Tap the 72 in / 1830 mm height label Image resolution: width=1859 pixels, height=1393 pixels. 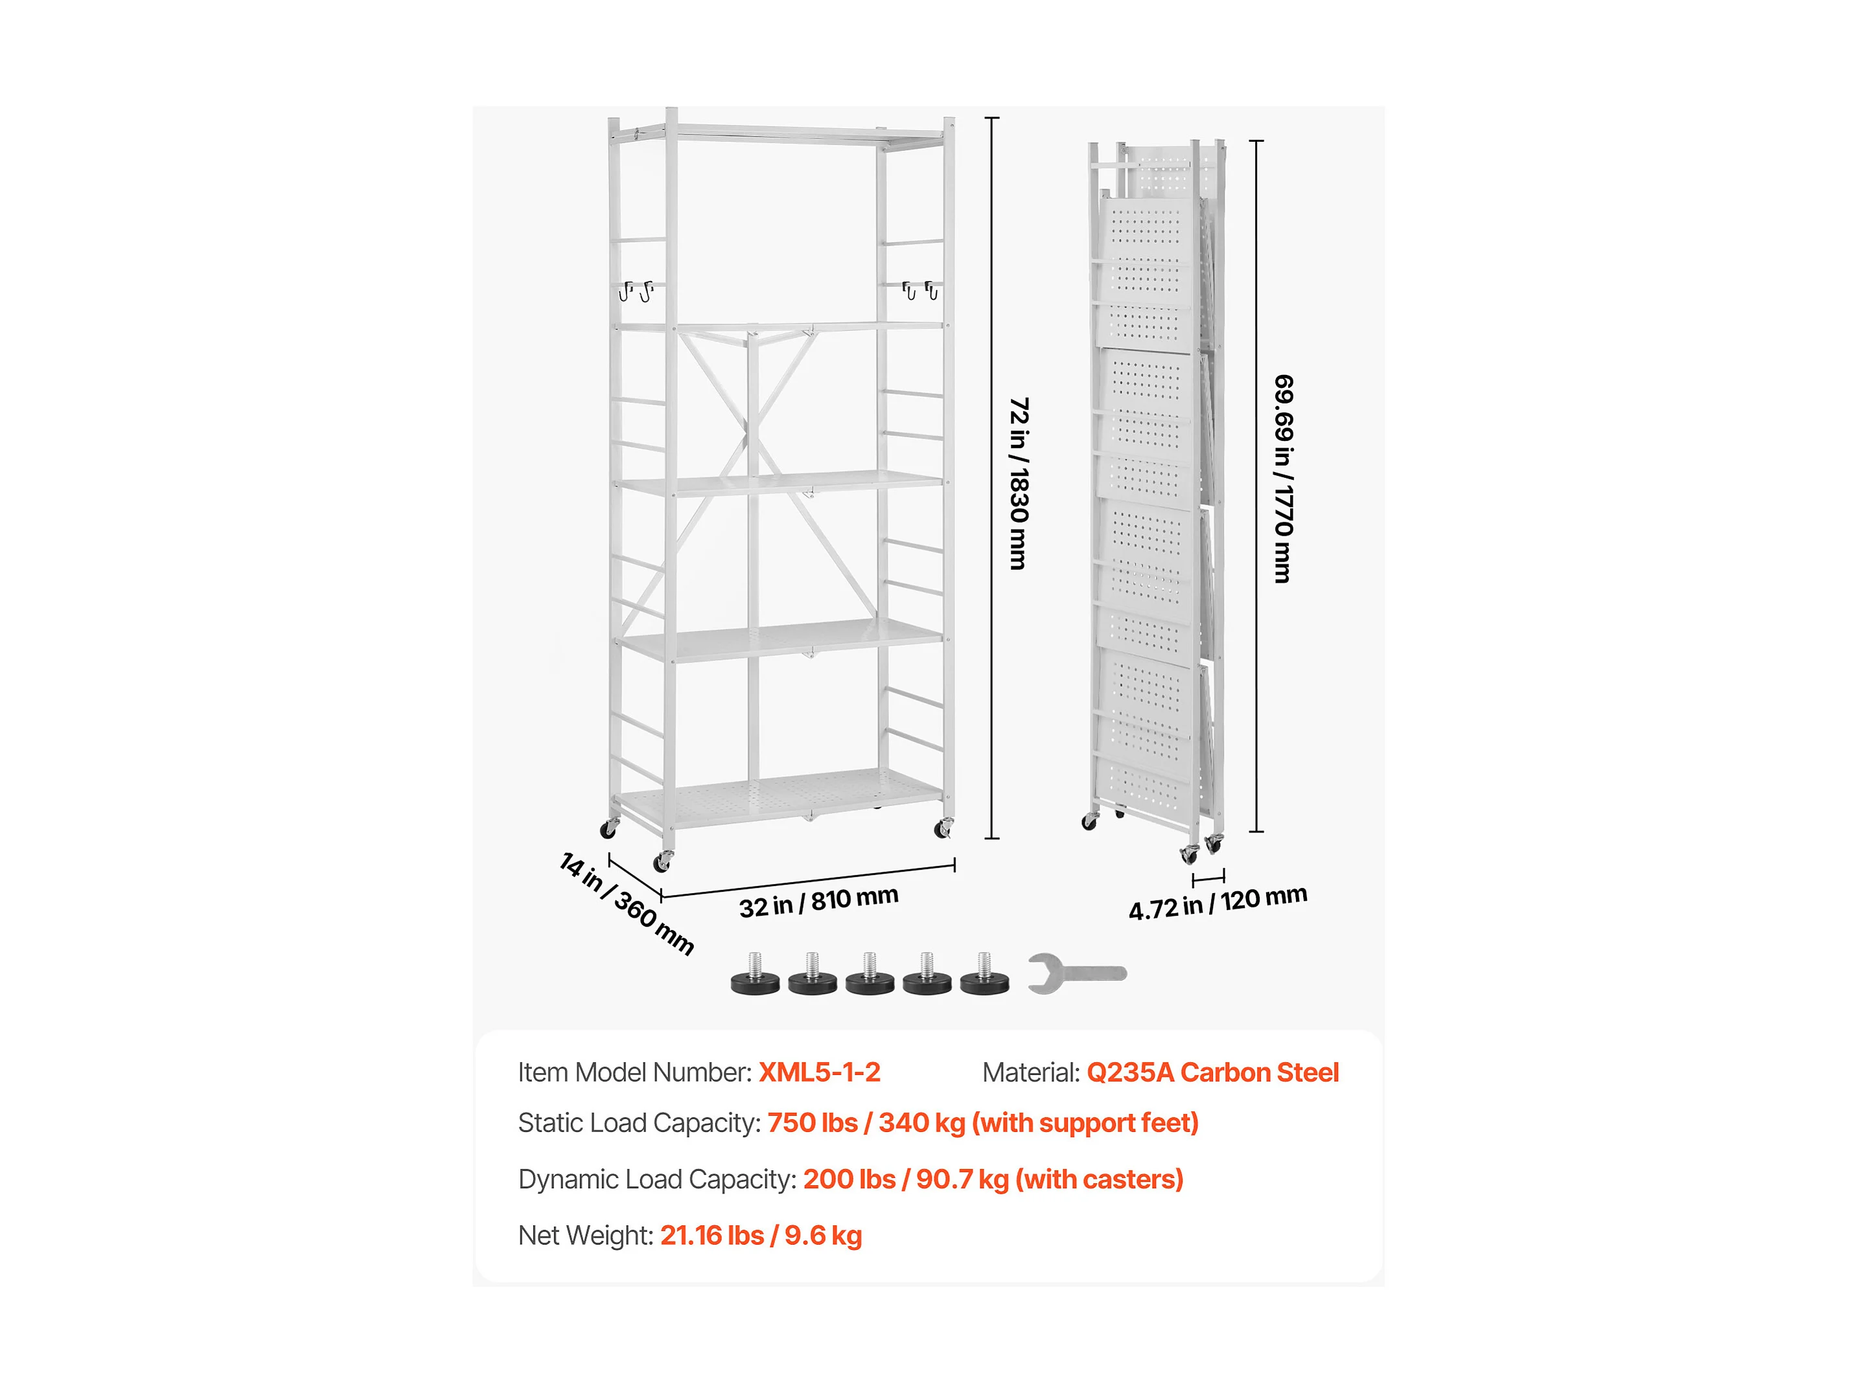[x=1019, y=483]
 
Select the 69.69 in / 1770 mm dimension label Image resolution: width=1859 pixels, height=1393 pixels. [x=1284, y=479]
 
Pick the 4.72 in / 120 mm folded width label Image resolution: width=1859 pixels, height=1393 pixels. [x=1217, y=903]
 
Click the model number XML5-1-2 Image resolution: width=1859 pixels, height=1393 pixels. [x=820, y=1073]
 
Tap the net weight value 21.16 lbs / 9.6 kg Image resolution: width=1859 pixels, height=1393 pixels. [x=761, y=1236]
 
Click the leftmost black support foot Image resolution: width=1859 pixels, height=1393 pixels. [x=755, y=977]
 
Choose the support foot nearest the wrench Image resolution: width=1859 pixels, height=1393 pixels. [x=984, y=977]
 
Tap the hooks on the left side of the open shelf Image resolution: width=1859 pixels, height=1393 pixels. [x=636, y=291]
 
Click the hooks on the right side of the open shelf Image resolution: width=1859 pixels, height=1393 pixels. [x=919, y=290]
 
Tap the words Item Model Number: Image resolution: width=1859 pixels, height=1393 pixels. [x=634, y=1073]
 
